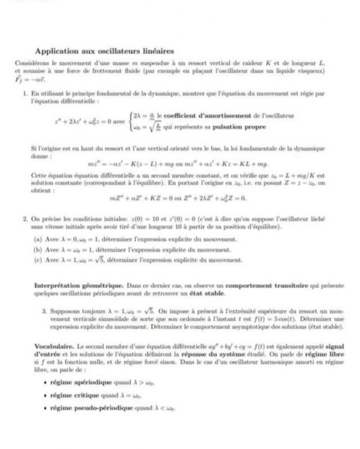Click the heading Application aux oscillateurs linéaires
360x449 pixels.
pyautogui.click(x=105, y=51)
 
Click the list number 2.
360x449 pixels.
pyautogui.click(x=25, y=219)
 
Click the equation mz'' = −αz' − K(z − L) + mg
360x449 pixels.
pyautogui.click(x=127, y=163)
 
